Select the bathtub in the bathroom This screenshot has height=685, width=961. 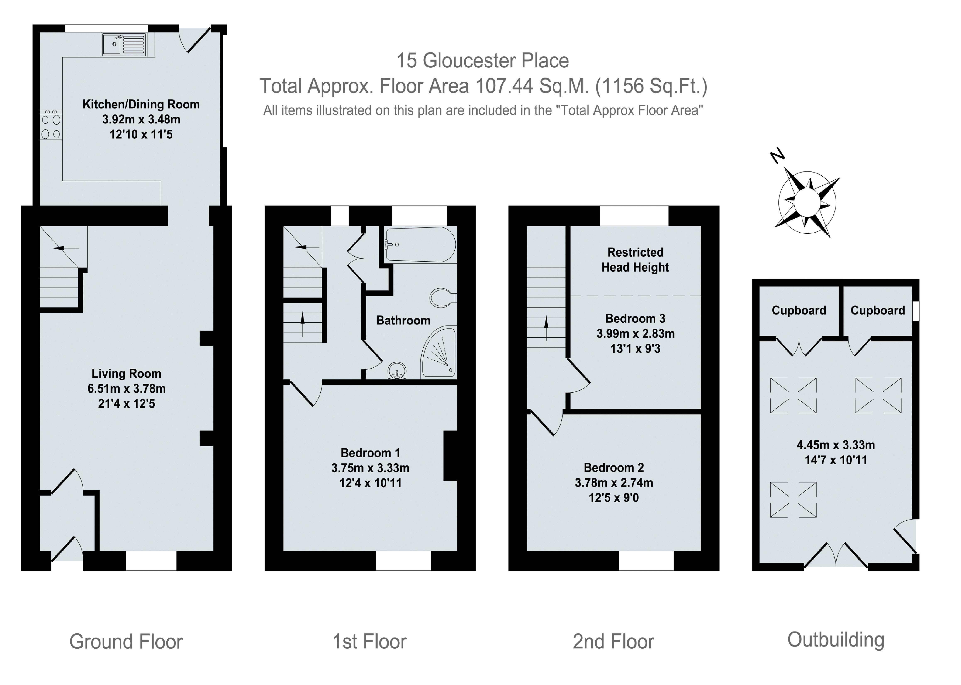(x=420, y=245)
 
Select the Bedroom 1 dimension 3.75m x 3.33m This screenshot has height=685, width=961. (x=370, y=468)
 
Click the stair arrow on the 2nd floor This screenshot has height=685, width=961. (x=546, y=328)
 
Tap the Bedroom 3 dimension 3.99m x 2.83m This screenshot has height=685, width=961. (x=635, y=334)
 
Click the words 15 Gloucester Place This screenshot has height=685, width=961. (x=482, y=61)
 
